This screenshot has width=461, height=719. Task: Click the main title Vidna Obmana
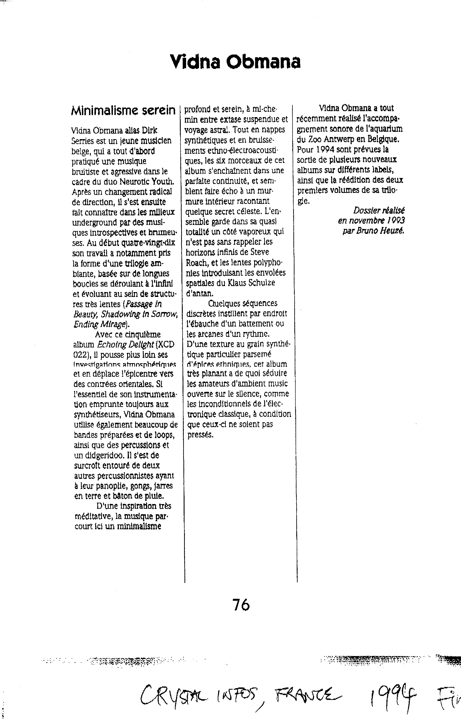tap(235, 62)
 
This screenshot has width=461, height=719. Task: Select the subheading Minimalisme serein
tap(123, 110)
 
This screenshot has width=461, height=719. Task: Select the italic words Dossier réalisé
tap(379, 210)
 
